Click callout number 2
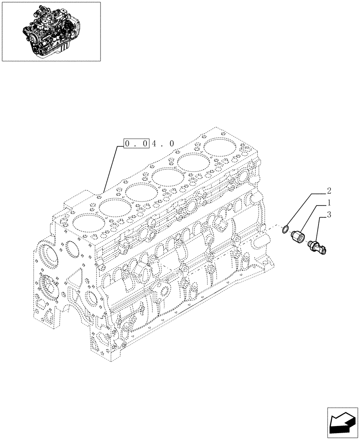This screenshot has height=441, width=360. coord(328,191)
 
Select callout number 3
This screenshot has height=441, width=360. coord(328,215)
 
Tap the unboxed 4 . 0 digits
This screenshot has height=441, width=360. coord(163,143)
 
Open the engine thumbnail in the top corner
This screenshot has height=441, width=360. coord(51,31)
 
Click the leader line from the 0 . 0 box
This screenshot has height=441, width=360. coord(110,168)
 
